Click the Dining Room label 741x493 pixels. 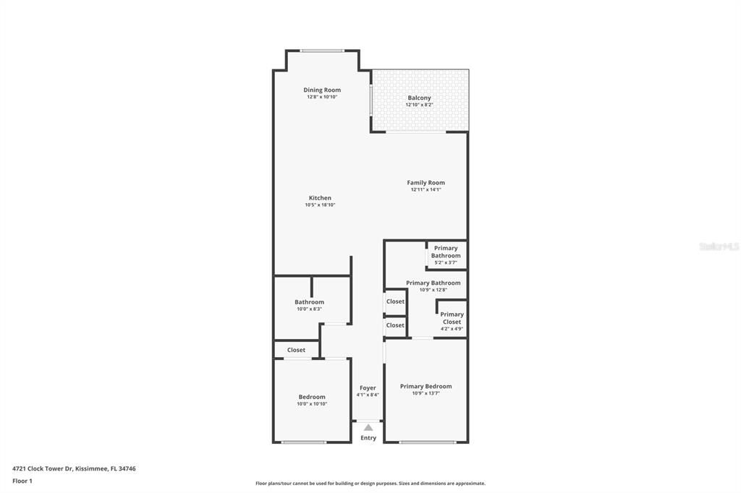[322, 90]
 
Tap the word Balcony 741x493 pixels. [419, 98]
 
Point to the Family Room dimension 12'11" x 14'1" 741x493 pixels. [425, 190]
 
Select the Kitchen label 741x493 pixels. [320, 198]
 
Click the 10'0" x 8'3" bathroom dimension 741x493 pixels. [310, 309]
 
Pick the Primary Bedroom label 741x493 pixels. [425, 386]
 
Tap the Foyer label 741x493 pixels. [368, 388]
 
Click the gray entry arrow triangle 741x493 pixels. [368, 427]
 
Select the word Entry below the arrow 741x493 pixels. [368, 438]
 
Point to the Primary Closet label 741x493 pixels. [452, 318]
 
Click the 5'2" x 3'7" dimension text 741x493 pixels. [446, 262]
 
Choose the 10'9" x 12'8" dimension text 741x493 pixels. [433, 290]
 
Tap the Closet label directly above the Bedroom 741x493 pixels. [296, 350]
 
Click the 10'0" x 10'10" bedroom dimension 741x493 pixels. [312, 404]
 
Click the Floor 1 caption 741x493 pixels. [22, 481]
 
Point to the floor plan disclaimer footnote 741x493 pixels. [370, 484]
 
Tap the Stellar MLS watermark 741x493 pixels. [719, 246]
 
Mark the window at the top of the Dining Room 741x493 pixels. [322, 51]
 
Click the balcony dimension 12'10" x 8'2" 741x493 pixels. [419, 106]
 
